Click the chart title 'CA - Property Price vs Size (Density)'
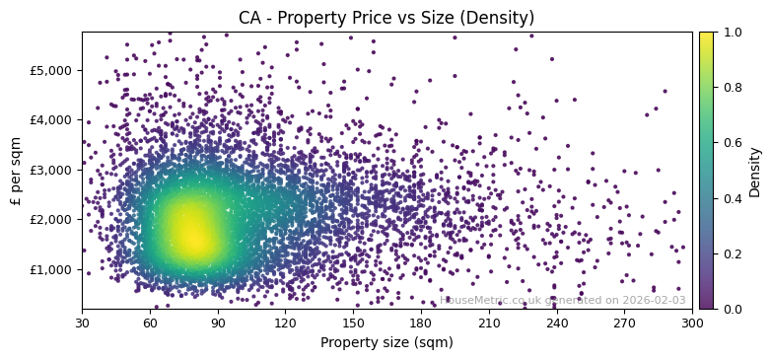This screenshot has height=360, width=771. point(386,18)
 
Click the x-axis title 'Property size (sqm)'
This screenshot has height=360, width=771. point(386,343)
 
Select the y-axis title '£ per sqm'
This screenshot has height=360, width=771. point(16,171)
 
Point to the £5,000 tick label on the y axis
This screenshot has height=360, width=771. point(51,70)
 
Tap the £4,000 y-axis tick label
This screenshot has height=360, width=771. point(51,119)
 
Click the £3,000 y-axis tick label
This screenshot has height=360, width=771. point(51,170)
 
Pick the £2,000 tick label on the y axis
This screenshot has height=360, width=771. point(51,219)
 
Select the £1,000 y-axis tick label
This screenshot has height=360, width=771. point(51,269)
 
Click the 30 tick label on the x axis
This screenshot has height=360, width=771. point(82,323)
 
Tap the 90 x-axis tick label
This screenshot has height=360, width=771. point(218,323)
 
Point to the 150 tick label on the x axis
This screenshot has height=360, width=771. point(353,323)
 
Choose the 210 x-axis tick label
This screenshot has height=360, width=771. point(489,323)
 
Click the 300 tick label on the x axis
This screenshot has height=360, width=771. point(692,323)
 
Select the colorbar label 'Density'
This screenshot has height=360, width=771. point(755,171)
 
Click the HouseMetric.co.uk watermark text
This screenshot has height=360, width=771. point(563,301)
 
